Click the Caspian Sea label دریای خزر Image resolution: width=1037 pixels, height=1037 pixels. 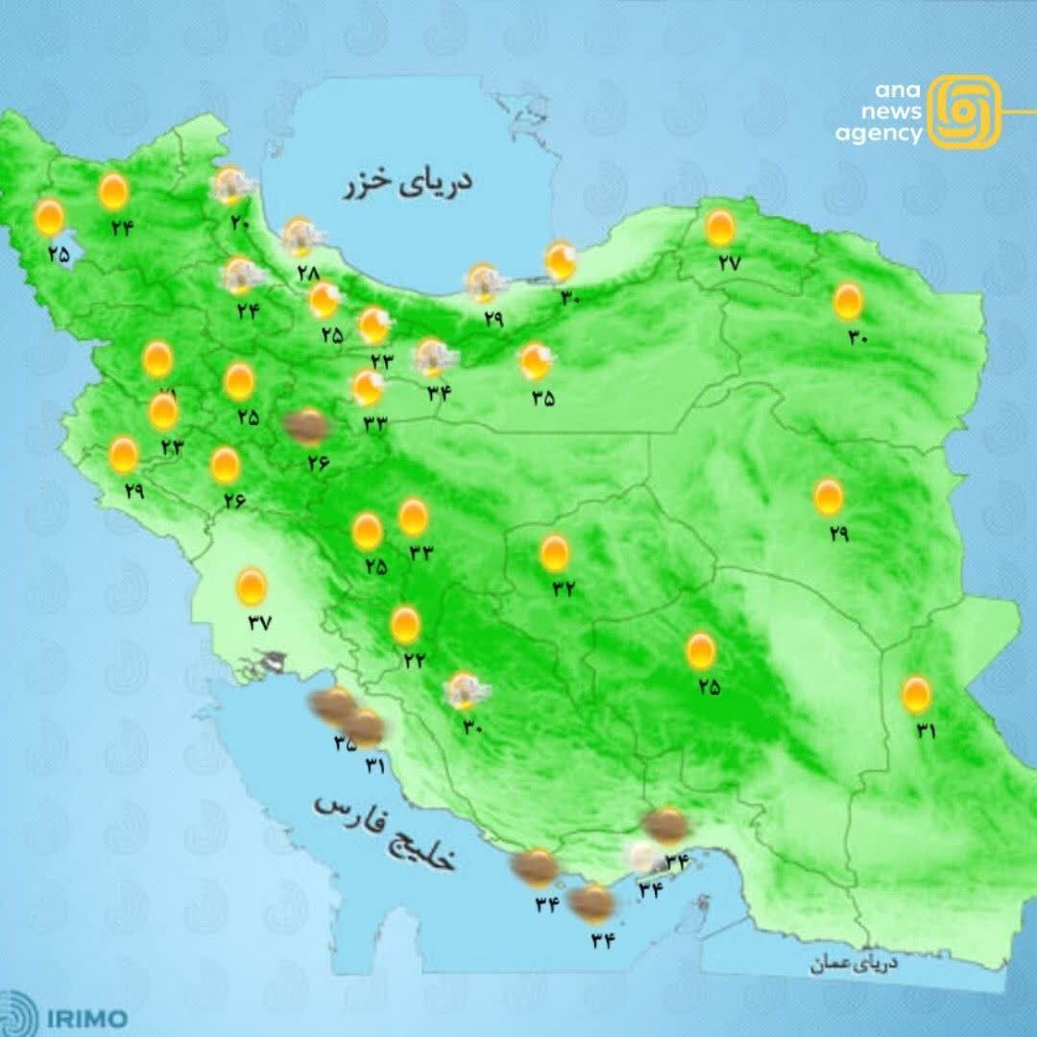pyautogui.click(x=408, y=183)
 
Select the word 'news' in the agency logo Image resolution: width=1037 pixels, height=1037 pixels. pyautogui.click(x=898, y=112)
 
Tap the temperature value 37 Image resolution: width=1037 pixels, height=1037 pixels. pyautogui.click(x=259, y=621)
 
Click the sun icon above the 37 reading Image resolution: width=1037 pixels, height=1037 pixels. pyautogui.click(x=252, y=585)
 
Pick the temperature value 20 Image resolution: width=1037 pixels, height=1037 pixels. pyautogui.click(x=239, y=224)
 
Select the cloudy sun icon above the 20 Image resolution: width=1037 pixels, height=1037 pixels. pyautogui.click(x=230, y=185)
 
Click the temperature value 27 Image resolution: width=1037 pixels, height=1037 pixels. pyautogui.click(x=727, y=264)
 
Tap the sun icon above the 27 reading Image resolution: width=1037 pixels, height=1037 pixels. pyautogui.click(x=720, y=229)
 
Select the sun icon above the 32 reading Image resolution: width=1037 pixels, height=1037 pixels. pyautogui.click(x=554, y=553)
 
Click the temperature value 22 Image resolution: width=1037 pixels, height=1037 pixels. pyautogui.click(x=415, y=661)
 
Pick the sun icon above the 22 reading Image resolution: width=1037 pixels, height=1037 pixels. pyautogui.click(x=405, y=626)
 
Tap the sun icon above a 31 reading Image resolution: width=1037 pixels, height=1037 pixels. pyautogui.click(x=916, y=693)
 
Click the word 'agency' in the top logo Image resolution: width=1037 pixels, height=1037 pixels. pyautogui.click(x=878, y=133)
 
